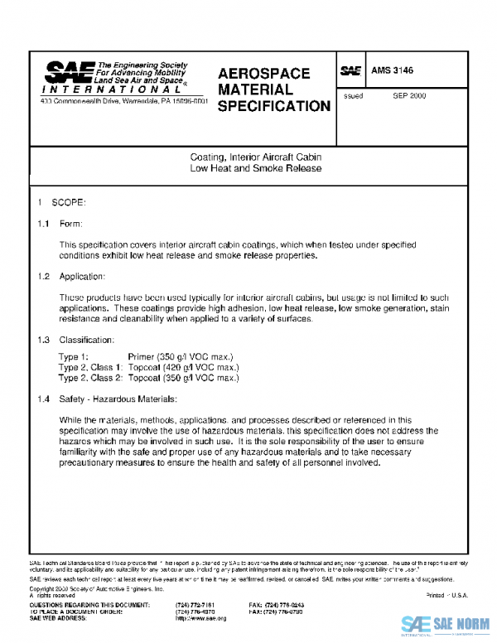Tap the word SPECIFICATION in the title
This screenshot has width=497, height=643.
click(273, 106)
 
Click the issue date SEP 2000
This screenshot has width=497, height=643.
click(409, 96)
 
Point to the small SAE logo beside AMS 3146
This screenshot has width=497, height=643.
click(351, 72)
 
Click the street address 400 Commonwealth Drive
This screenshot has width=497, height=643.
click(124, 101)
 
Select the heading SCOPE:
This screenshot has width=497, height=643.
click(69, 203)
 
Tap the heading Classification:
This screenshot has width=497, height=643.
click(87, 341)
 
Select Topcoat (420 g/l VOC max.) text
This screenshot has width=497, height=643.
click(183, 367)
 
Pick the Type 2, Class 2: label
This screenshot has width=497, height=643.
click(90, 378)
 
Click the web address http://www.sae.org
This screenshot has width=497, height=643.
click(200, 618)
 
